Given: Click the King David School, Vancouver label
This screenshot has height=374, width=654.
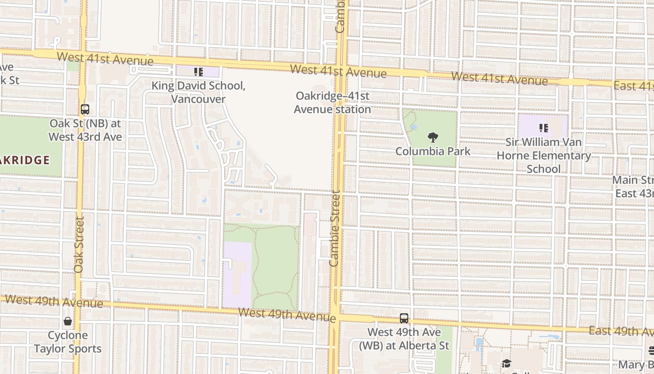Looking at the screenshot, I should (198, 93).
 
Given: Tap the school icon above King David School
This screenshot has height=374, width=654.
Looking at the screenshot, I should (199, 72).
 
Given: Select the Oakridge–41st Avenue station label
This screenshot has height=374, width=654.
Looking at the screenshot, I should (332, 102).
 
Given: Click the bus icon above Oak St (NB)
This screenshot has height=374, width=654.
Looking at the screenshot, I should (85, 109).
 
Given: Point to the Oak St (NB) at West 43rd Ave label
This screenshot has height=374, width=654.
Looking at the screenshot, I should (85, 130).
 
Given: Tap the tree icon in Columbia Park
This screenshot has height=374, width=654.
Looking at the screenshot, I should (433, 137).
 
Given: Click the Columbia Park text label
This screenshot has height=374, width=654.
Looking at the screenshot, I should (433, 151).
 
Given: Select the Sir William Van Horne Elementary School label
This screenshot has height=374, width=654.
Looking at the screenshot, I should (544, 155).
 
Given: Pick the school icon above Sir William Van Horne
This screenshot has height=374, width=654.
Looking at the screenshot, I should (543, 128).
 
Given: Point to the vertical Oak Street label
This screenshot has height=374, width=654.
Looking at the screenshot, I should (78, 245).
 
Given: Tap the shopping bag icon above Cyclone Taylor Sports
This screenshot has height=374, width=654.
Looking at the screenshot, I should (68, 321).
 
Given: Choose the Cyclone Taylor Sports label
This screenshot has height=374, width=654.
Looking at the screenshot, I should (68, 342).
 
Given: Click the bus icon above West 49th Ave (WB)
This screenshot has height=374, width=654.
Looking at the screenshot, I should (404, 318).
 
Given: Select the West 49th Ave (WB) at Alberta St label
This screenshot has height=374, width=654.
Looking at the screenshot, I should (404, 339).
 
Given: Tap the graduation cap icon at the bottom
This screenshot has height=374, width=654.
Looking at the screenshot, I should (506, 364).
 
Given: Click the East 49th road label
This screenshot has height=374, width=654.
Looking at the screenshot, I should (621, 331).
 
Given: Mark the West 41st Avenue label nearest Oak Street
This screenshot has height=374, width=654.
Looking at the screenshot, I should (105, 59).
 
